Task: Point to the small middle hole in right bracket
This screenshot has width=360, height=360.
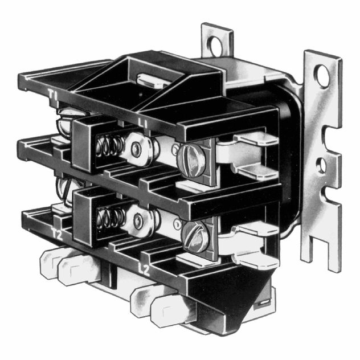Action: tap(321, 166)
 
